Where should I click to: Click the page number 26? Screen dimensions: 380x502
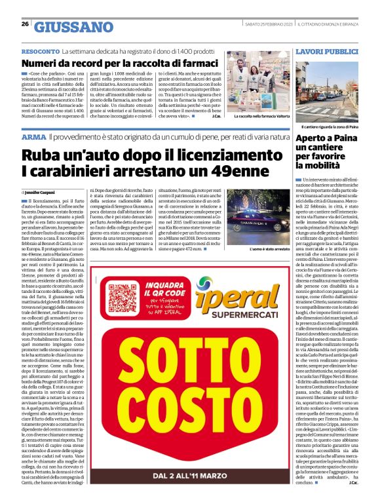[25, 24]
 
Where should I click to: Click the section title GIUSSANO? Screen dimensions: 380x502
[73, 27]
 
